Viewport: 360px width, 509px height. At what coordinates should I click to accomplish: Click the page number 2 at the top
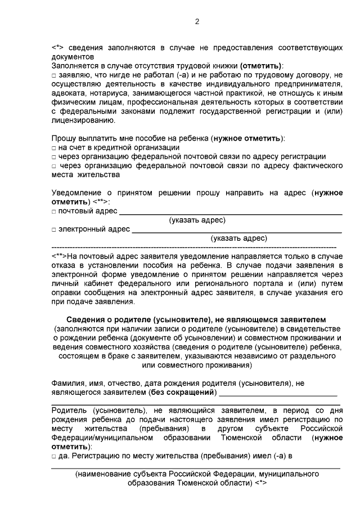click(197, 22)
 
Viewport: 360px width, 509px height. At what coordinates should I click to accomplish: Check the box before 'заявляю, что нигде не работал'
click(53, 75)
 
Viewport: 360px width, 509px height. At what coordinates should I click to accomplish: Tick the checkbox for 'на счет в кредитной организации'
click(53, 147)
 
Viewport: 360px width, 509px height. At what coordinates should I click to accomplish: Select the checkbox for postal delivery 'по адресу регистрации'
click(53, 156)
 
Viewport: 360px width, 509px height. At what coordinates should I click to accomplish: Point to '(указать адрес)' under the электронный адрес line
click(238, 238)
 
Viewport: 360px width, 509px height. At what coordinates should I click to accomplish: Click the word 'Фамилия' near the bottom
click(68, 382)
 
